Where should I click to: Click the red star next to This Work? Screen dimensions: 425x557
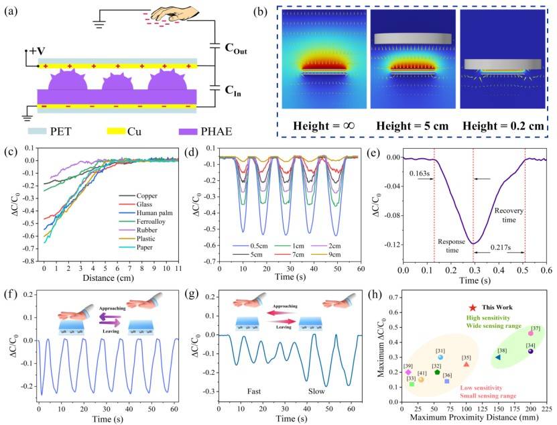(456, 306)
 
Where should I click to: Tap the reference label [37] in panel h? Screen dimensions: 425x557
(536, 328)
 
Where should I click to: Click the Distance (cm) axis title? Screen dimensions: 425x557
(115, 278)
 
